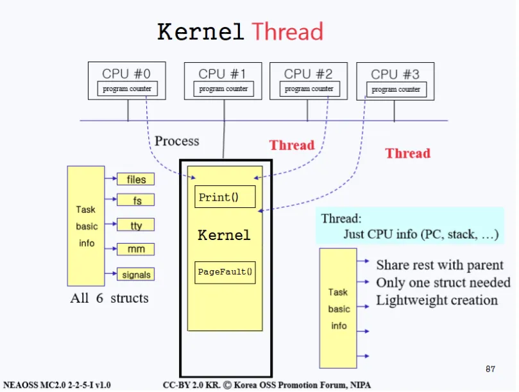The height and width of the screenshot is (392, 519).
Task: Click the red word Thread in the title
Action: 287,32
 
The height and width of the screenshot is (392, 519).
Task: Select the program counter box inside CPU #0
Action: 127,89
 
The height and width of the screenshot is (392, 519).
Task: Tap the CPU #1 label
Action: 222,74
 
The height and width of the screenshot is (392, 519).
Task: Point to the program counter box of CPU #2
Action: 309,89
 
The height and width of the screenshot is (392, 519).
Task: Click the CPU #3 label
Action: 395,74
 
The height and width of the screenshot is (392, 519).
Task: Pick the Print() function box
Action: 225,197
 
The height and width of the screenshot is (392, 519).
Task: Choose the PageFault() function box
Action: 225,273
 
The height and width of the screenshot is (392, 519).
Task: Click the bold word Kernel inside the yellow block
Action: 224,235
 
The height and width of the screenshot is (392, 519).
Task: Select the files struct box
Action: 136,179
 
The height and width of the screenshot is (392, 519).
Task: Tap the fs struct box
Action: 136,200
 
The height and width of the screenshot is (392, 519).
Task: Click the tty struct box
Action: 136,225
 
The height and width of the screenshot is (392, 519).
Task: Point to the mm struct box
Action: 136,249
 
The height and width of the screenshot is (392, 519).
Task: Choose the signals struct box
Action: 136,274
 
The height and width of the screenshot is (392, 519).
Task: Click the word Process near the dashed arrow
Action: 177,141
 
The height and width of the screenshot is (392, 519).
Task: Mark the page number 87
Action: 491,369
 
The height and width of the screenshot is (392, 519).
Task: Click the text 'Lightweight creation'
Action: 437,300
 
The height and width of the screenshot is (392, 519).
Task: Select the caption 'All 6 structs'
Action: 109,298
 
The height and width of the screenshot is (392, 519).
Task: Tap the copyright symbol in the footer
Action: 227,385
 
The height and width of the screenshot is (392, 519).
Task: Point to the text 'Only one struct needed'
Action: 443,282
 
